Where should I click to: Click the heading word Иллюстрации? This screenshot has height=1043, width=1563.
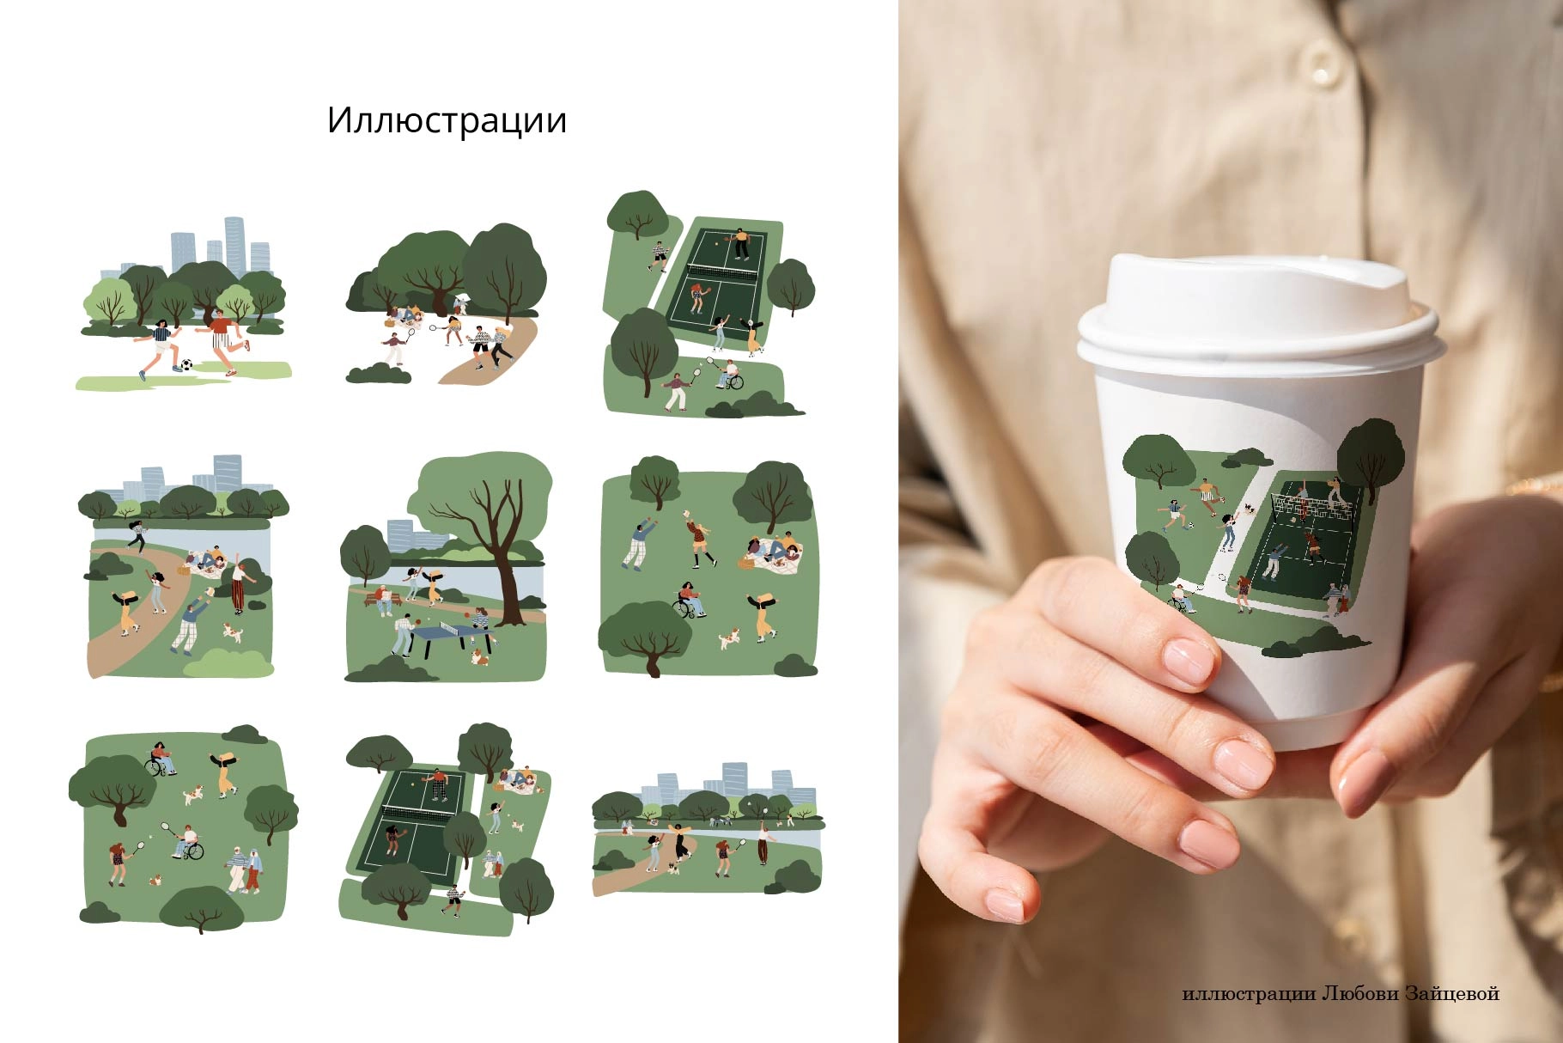pos(447,121)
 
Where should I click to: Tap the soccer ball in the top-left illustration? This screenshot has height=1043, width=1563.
pos(186,365)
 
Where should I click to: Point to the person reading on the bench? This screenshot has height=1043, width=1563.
pos(384,600)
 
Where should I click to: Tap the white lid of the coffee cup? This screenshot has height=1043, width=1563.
pos(1256,309)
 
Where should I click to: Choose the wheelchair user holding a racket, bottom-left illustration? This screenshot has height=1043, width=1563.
pos(188,843)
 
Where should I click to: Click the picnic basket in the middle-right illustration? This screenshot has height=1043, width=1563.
pos(745,563)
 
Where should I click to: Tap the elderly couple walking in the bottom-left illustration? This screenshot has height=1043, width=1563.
pos(244,869)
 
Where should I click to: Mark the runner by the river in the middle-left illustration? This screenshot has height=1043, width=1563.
pos(136,535)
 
